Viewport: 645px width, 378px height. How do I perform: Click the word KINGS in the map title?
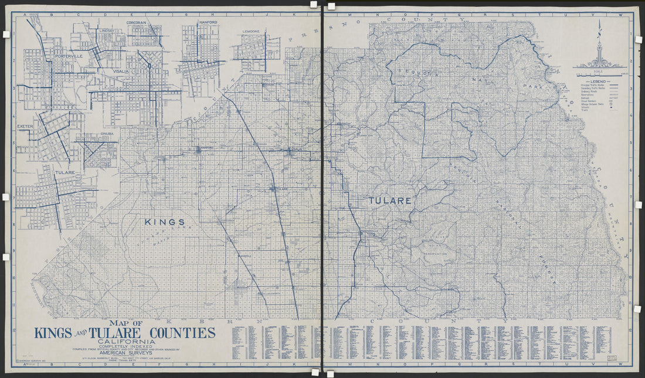53,333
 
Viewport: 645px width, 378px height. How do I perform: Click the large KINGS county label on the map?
165,222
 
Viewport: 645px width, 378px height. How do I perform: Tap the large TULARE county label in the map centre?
389,201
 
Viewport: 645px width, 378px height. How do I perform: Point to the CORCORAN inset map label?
139,22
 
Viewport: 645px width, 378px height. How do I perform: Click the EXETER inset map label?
26,126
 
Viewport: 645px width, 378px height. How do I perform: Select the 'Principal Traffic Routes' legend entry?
593,86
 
